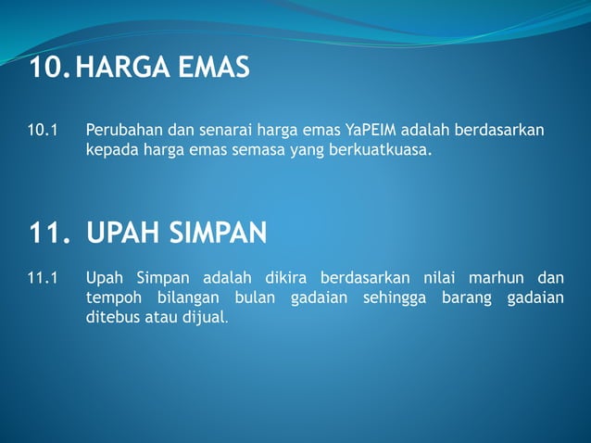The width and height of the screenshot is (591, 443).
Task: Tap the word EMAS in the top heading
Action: (216, 68)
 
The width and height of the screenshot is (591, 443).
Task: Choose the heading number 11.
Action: (49, 234)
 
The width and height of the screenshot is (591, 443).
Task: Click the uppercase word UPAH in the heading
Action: (123, 234)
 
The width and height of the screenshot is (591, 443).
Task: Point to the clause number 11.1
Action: (43, 277)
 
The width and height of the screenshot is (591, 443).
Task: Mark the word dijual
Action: (204, 316)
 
